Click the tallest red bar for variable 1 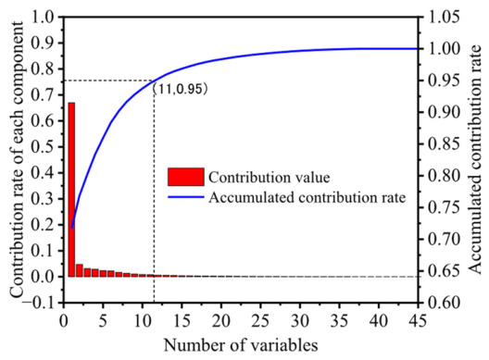coord(71,190)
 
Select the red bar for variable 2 coord(80,270)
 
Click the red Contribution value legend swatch coord(186,177)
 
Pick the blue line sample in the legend coord(186,197)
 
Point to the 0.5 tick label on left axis coord(44,146)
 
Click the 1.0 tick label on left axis coord(44,17)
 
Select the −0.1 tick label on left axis coord(40,303)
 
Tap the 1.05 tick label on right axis coord(444,17)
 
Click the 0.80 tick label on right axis coord(444,176)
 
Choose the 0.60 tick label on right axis coord(444,303)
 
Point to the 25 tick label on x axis coord(260,320)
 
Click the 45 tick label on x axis coord(418,320)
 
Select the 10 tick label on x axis coord(143,320)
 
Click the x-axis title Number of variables coord(241,345)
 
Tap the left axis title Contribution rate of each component coord(17,159)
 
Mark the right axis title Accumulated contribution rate coord(475,159)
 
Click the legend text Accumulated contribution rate coord(307,198)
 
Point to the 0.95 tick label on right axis coord(444,81)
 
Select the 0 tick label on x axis coord(64,320)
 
